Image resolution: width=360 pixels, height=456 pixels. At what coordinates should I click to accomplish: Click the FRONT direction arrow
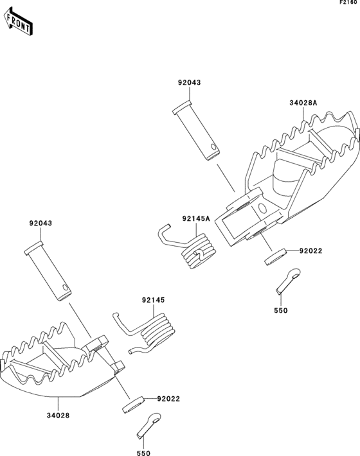point(18,22)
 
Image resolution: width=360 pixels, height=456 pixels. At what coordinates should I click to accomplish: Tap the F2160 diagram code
point(348,3)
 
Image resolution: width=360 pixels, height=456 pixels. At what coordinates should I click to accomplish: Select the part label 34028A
point(303,103)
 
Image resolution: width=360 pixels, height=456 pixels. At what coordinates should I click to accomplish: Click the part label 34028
point(59,416)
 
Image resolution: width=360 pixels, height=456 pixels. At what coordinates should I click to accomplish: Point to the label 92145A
point(196,218)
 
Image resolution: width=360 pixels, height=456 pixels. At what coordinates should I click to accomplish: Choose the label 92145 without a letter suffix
point(154,300)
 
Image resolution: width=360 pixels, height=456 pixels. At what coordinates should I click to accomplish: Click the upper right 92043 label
point(190,83)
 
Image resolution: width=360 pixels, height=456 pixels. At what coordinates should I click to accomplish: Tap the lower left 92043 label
point(40,224)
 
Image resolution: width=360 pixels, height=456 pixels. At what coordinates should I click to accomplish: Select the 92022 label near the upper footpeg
point(310,250)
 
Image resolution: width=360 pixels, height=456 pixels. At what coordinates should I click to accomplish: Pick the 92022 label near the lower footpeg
point(168,399)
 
